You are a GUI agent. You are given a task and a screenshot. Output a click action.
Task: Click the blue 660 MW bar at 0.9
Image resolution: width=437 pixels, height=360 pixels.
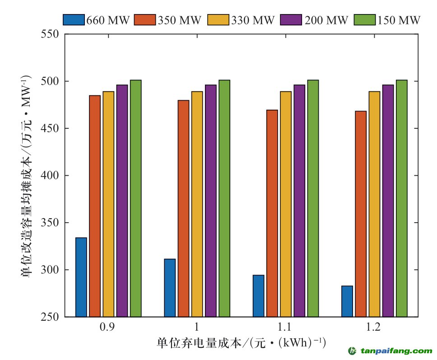coord(81,277)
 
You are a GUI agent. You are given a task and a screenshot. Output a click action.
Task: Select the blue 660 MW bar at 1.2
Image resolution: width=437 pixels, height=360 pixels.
coord(347,301)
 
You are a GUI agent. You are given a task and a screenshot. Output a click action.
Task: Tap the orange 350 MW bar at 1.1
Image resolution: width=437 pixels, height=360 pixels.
coord(272,213)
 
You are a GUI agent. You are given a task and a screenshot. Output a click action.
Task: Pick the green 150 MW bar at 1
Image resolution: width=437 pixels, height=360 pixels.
coord(224,198)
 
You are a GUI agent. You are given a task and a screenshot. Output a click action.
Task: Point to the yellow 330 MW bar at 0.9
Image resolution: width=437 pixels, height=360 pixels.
coord(108,204)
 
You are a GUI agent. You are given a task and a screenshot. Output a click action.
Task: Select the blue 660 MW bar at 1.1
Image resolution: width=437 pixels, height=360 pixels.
coord(259,295)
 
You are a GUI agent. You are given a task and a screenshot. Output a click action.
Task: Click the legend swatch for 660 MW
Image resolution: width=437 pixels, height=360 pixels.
coord(74,20)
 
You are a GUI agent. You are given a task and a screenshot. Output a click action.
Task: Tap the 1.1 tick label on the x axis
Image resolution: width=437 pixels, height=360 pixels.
coord(285,327)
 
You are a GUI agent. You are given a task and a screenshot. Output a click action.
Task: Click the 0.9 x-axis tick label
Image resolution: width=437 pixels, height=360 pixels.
coord(107,327)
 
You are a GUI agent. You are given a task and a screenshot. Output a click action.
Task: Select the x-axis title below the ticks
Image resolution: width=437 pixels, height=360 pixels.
coord(241,342)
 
